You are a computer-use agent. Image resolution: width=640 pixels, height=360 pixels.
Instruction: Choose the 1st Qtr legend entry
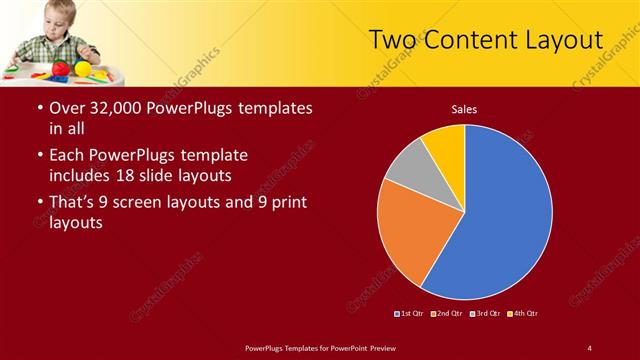(x=411, y=314)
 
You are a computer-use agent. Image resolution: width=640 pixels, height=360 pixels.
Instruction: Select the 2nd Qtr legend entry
(x=447, y=314)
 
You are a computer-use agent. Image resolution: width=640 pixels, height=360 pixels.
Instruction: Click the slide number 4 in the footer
(x=589, y=348)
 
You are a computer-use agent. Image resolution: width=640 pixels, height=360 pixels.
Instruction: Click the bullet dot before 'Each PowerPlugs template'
(x=39, y=156)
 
